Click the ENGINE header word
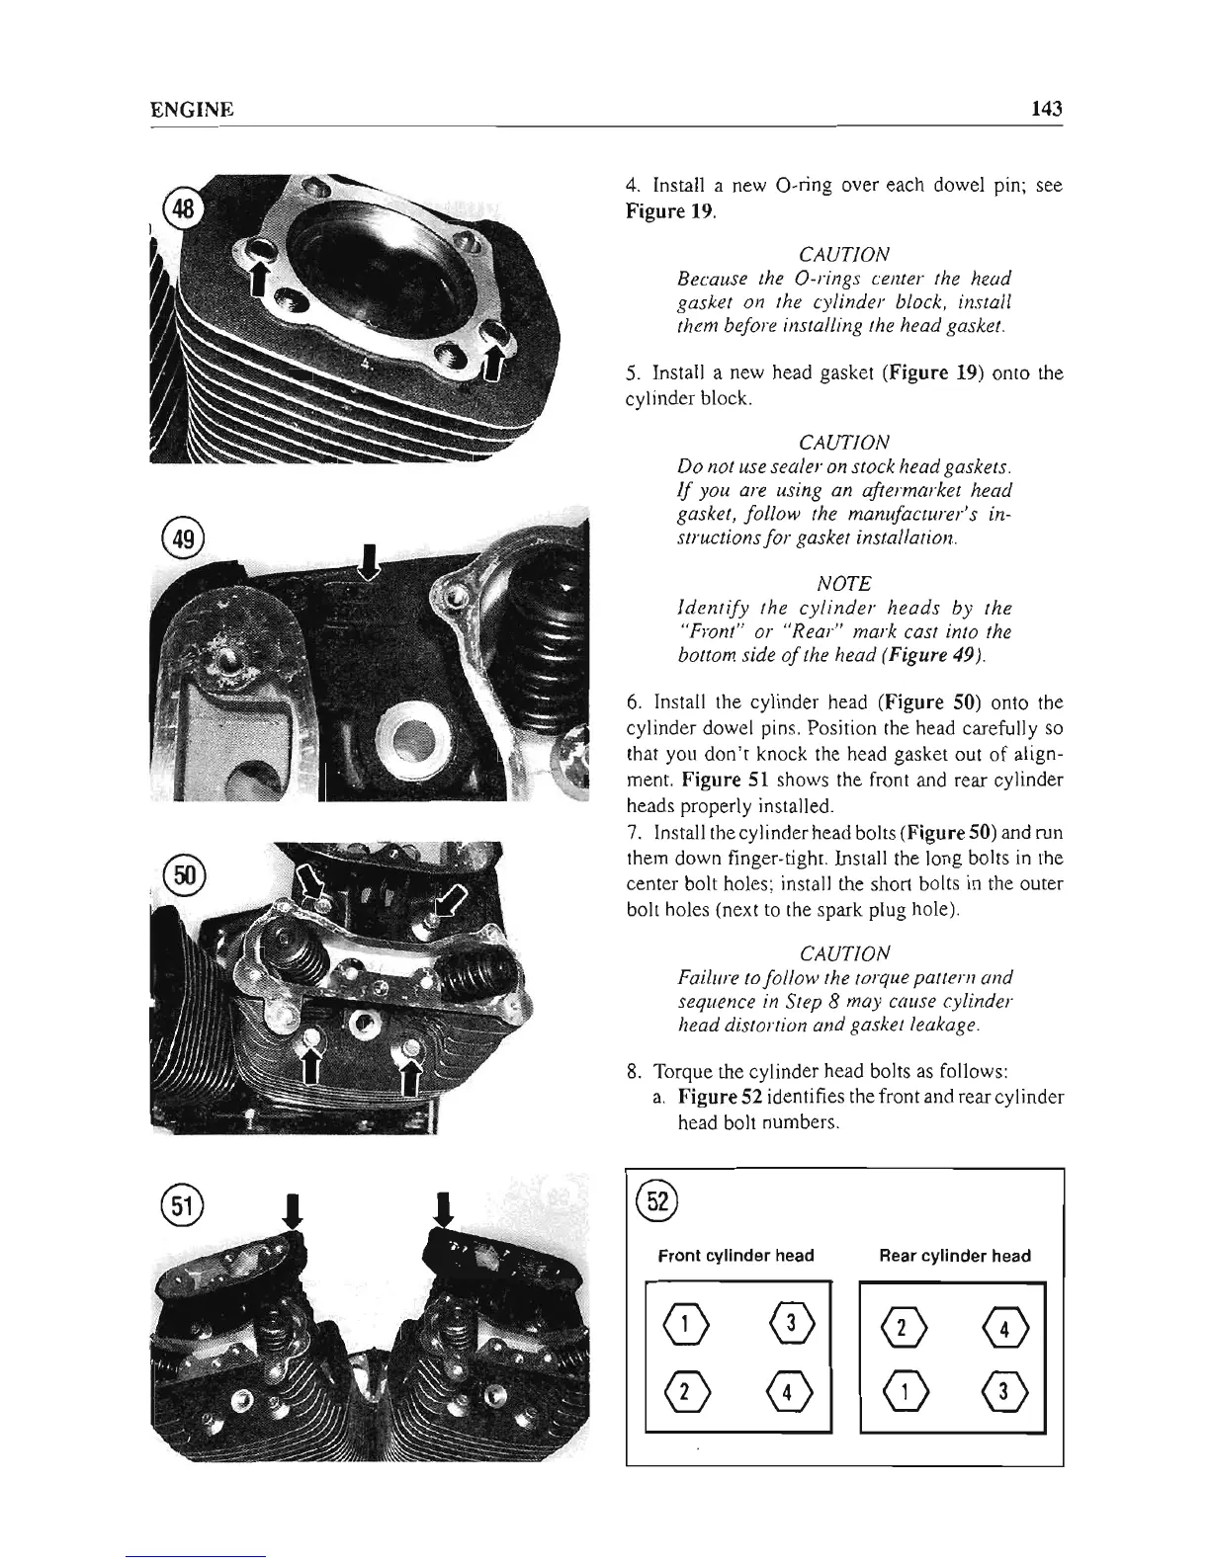click(x=191, y=110)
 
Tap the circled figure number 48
click(x=186, y=209)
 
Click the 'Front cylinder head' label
click(x=735, y=1256)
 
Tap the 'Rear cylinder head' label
click(x=953, y=1256)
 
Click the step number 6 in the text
click(x=632, y=703)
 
